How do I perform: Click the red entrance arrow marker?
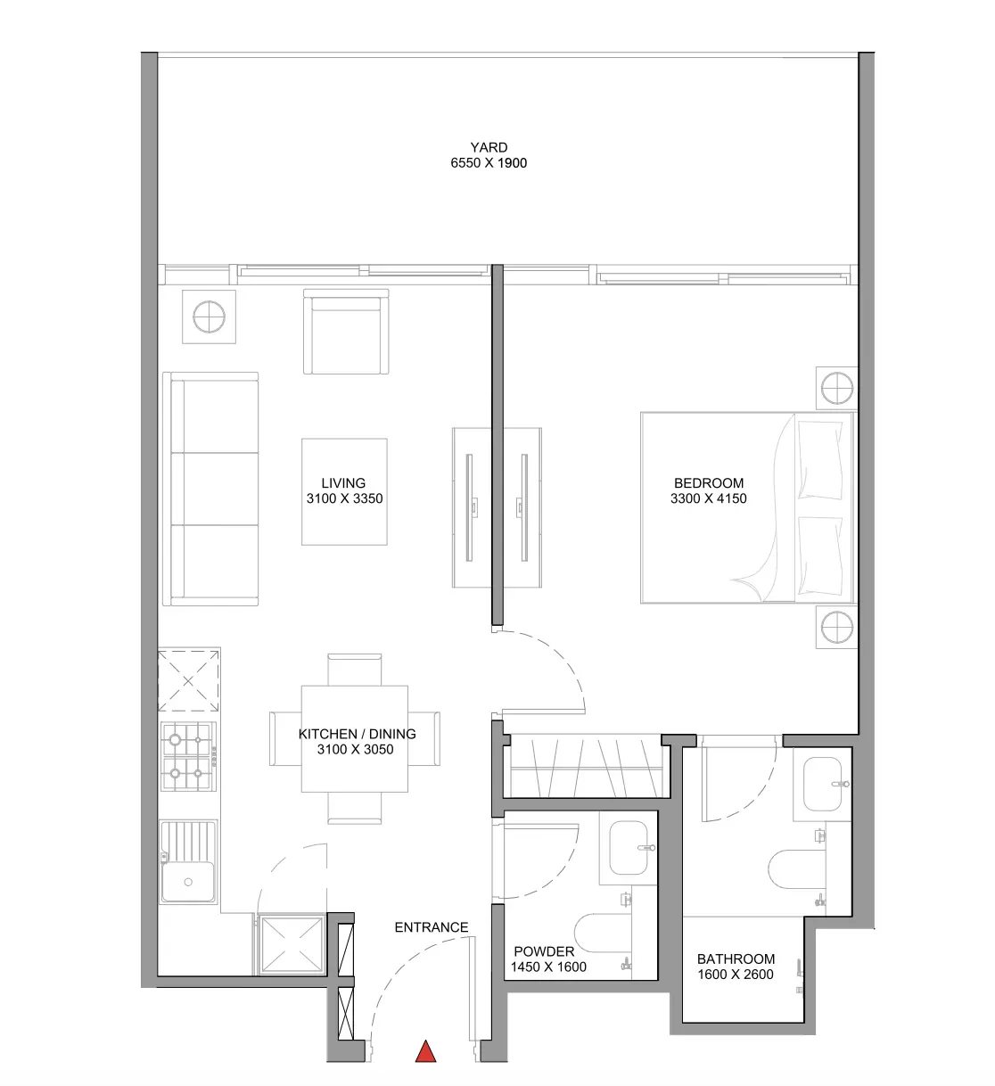pyautogui.click(x=425, y=1051)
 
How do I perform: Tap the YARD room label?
pyautogui.click(x=489, y=147)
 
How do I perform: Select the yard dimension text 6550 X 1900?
pyautogui.click(x=489, y=163)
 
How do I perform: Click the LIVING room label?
pyautogui.click(x=343, y=483)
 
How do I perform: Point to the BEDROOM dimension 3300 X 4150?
pyautogui.click(x=709, y=498)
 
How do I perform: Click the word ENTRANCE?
pyautogui.click(x=432, y=927)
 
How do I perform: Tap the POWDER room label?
pyautogui.click(x=544, y=951)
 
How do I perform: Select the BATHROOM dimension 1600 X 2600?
pyautogui.click(x=736, y=975)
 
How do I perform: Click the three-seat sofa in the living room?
pyautogui.click(x=210, y=489)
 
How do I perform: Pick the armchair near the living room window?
pyautogui.click(x=346, y=332)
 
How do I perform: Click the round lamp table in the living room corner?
pyautogui.click(x=209, y=317)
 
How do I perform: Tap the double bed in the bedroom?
pyautogui.click(x=747, y=508)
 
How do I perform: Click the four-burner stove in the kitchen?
pyautogui.click(x=188, y=757)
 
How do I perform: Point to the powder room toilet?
pyautogui.click(x=602, y=933)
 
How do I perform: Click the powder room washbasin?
pyautogui.click(x=629, y=848)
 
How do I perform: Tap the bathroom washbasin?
pyautogui.click(x=822, y=784)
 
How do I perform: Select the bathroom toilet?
pyautogui.click(x=797, y=869)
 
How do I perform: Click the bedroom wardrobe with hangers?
pyautogui.click(x=587, y=766)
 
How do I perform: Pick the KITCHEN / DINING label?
pyautogui.click(x=358, y=734)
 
